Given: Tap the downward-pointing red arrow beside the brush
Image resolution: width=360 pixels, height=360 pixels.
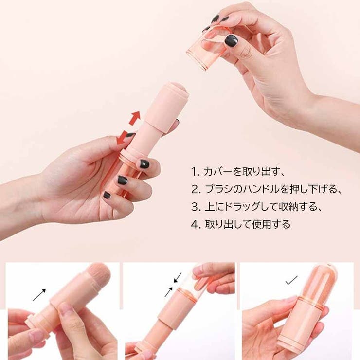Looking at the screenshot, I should [122, 137].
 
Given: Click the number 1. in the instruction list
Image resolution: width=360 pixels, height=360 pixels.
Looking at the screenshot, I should [196, 172].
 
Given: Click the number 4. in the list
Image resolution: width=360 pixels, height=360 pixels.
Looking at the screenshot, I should [196, 224].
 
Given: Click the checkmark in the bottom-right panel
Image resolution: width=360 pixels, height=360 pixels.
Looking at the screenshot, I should [291, 280].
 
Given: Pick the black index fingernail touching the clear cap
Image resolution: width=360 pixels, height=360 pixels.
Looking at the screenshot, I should [231, 40].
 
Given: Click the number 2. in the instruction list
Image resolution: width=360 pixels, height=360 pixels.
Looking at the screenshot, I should [196, 189].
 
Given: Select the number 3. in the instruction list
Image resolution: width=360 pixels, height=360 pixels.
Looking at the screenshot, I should [196, 207].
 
